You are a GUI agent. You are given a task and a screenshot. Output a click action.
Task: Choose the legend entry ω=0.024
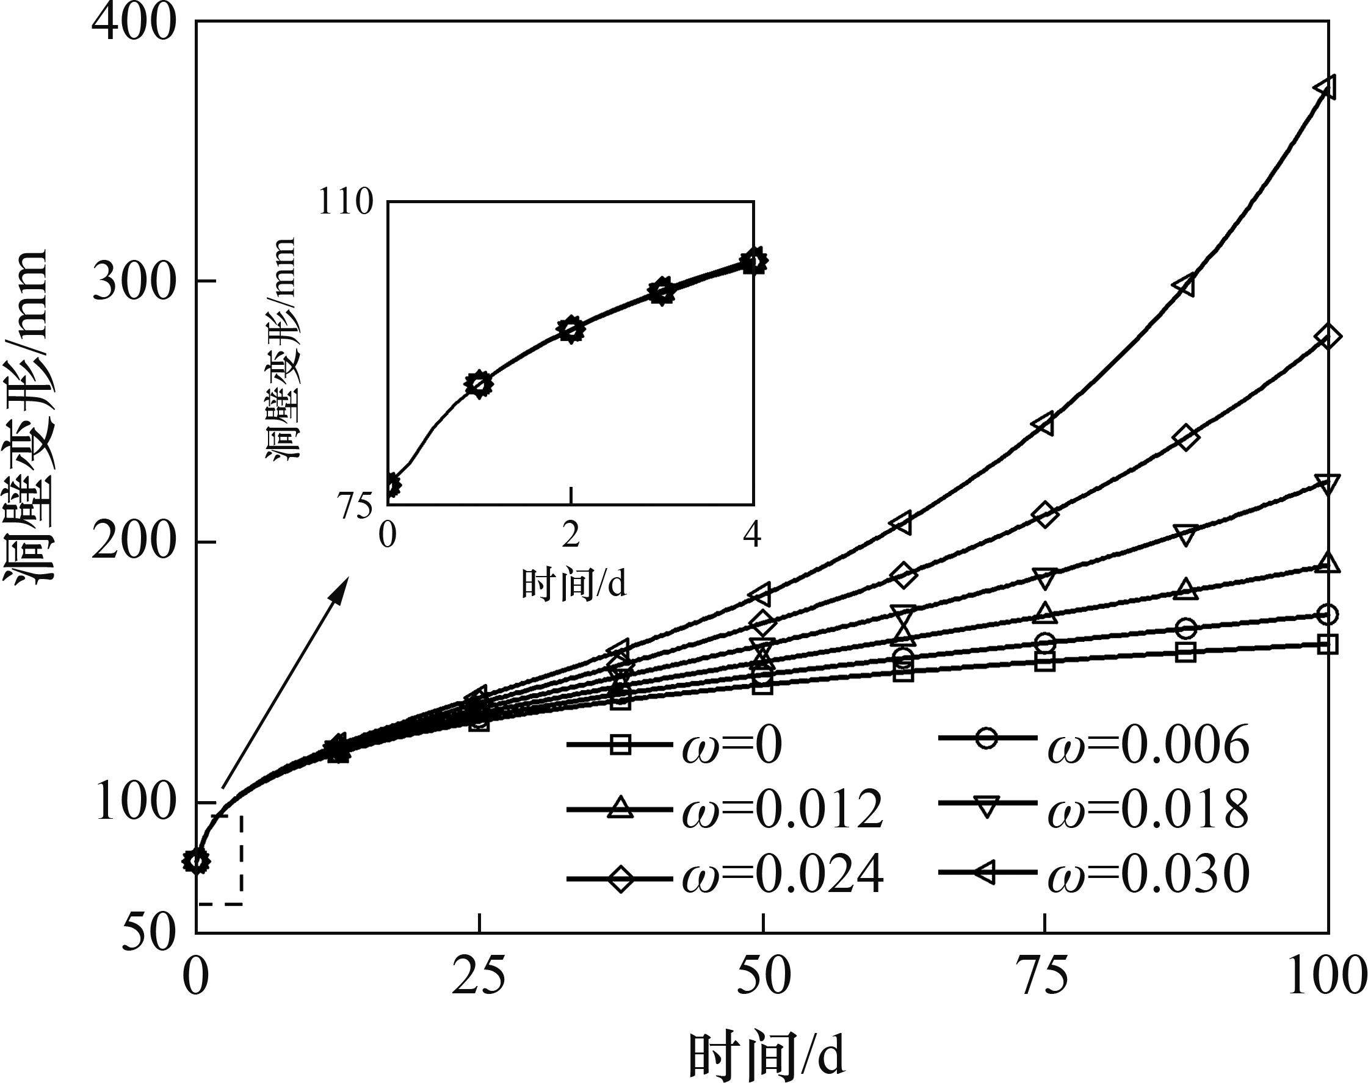723,878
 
